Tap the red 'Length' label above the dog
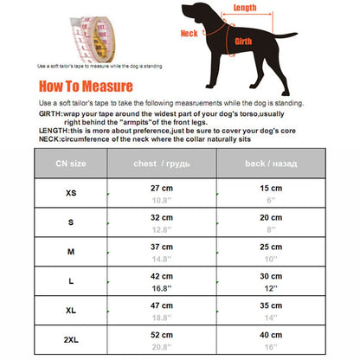click(x=245, y=8)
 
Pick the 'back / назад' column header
click(x=271, y=164)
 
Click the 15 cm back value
click(x=271, y=188)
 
